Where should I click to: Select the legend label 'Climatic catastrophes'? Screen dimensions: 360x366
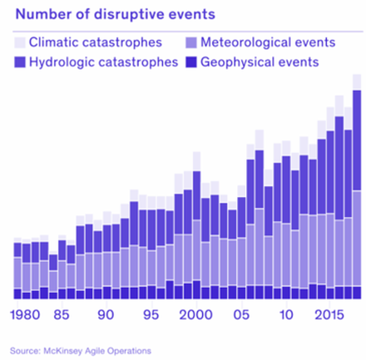(x=96, y=42)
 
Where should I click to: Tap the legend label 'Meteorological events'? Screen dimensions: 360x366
(x=267, y=42)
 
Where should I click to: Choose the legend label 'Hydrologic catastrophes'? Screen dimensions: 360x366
(x=103, y=62)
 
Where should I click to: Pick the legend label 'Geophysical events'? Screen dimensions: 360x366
(x=259, y=62)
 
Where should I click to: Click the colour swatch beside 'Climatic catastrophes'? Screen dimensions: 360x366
(x=20, y=42)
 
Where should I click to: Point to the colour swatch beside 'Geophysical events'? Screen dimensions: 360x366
(x=191, y=62)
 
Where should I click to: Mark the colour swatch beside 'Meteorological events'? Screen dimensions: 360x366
(x=191, y=42)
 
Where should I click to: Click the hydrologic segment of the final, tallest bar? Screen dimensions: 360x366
(x=357, y=139)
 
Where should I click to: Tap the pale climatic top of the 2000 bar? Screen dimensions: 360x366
(x=196, y=161)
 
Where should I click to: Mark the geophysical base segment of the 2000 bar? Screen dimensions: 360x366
(x=196, y=290)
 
